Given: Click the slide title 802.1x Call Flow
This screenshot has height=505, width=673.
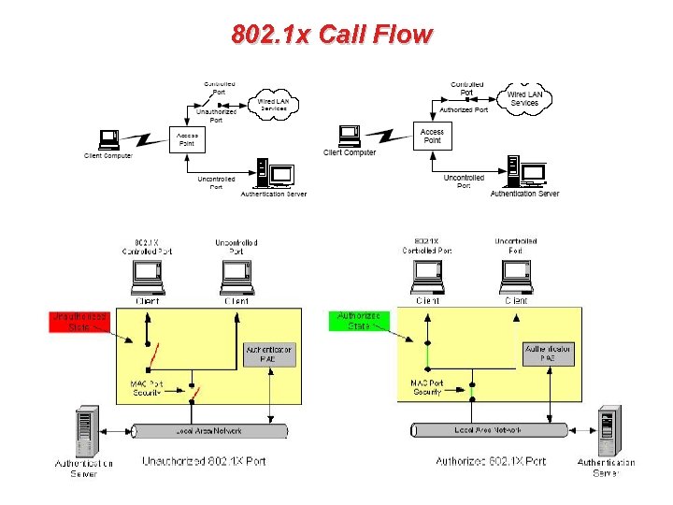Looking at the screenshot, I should [332, 35].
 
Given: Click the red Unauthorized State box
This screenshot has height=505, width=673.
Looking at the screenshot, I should [79, 321].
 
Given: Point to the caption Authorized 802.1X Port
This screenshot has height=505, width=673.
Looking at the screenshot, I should [491, 461].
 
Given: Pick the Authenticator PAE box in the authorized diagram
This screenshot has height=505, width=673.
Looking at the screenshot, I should [547, 353].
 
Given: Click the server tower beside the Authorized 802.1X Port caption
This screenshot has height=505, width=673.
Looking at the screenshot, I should [609, 430].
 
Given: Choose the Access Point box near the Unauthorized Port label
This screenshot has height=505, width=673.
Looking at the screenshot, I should [186, 140].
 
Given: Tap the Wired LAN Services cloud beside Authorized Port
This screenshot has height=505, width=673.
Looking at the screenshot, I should [523, 97].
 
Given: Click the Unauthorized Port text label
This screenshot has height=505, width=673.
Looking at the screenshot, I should [216, 115].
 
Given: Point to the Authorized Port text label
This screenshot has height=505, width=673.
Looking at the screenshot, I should [464, 109].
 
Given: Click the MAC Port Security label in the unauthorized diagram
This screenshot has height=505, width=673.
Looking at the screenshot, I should [147, 388].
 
